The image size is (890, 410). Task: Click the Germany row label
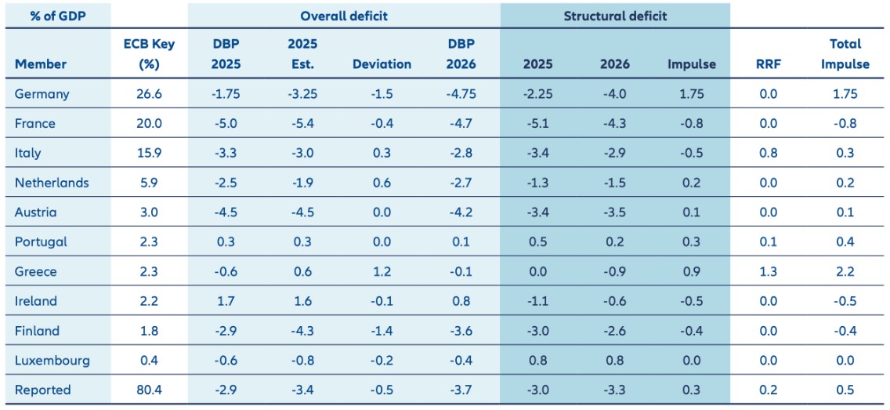42,94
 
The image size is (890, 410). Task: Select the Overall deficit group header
344,16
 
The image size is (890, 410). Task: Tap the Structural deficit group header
615,16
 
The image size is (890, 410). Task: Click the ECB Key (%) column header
149,54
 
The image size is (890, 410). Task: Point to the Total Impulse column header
845,54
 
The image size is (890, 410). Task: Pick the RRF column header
769,64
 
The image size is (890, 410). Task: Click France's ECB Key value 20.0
149,124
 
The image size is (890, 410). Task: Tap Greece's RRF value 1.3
769,272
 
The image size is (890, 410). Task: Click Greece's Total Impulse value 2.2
845,272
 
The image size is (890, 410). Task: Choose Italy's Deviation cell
382,154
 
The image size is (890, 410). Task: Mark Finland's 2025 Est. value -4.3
302,332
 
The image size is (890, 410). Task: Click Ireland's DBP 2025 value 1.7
226,302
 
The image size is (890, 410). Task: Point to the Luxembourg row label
52,361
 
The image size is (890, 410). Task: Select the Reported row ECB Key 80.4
149,390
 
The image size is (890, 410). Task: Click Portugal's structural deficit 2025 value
537,242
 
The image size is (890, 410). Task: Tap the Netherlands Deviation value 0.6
382,183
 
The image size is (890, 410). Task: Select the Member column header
41,64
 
